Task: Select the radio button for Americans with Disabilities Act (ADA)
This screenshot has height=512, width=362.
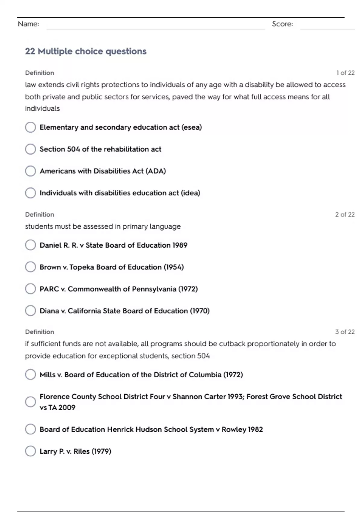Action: click(x=30, y=171)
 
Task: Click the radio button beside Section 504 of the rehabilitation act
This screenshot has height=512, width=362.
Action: click(x=30, y=149)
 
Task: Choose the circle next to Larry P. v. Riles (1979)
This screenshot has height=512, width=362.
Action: click(x=30, y=451)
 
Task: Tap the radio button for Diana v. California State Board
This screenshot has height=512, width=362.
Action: click(x=30, y=311)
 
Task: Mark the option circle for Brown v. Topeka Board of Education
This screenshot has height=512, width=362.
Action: click(x=30, y=267)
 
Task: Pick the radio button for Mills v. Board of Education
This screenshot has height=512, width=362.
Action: click(x=30, y=375)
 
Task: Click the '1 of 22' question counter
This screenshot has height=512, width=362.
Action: click(x=345, y=73)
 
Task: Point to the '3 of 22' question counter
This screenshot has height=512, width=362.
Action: click(x=345, y=332)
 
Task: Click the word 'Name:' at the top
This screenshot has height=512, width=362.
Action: click(x=28, y=24)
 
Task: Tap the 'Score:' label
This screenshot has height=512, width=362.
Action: click(x=282, y=24)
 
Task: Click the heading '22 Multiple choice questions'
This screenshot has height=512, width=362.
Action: click(x=86, y=52)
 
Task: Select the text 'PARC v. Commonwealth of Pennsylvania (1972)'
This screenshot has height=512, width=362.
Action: click(x=119, y=289)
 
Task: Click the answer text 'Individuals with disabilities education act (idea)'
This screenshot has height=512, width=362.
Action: click(x=120, y=193)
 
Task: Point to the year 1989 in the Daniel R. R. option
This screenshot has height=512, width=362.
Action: click(x=180, y=245)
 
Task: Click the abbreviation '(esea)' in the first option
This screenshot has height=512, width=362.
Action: click(x=192, y=127)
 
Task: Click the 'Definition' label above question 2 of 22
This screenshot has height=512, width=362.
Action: click(x=40, y=215)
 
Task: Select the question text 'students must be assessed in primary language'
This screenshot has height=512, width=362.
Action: click(x=103, y=226)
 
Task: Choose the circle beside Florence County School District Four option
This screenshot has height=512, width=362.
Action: click(x=30, y=402)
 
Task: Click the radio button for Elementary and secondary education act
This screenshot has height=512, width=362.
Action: click(x=30, y=127)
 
